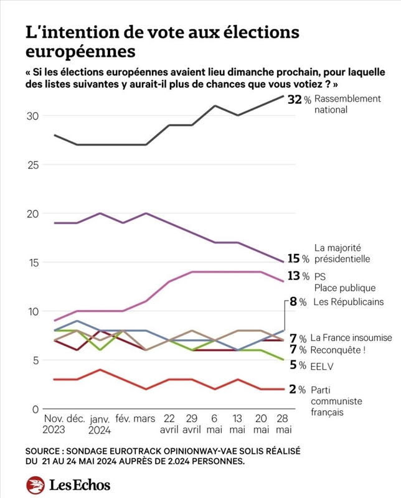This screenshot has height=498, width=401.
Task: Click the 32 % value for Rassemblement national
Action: pyautogui.click(x=299, y=100)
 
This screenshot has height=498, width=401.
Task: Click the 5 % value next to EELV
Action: pyautogui.click(x=298, y=366)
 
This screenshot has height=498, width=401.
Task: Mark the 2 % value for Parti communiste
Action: pyautogui.click(x=298, y=390)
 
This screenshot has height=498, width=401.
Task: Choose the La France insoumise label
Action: pyautogui.click(x=351, y=338)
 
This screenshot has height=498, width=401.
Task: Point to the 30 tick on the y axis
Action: pyautogui.click(x=32, y=116)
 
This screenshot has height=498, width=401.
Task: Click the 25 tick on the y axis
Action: pyautogui.click(x=32, y=165)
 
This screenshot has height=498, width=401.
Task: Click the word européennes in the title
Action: pyautogui.click(x=79, y=48)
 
